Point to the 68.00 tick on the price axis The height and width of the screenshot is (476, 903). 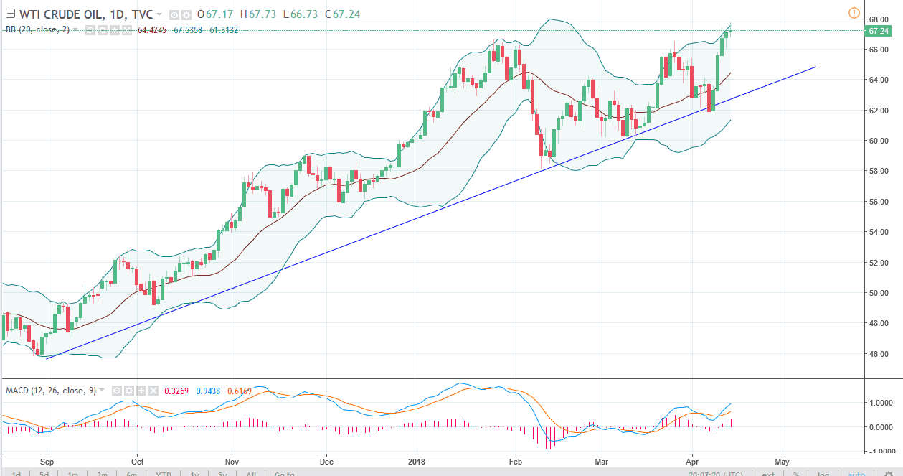coord(879,19)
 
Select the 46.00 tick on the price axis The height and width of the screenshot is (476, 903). coord(879,354)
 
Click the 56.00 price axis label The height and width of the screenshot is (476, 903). coord(879,202)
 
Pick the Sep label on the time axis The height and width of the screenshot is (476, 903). coord(46,462)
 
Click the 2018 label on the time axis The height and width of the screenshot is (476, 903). coord(417,462)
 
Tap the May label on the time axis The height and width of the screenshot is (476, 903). coord(782,462)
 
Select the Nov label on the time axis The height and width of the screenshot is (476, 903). coord(231,462)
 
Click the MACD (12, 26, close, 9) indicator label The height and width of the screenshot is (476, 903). coord(50,390)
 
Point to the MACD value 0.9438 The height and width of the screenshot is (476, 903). coord(209,390)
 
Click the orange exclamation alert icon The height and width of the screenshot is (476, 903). coord(854,13)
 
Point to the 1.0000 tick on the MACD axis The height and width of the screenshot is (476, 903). coord(880,403)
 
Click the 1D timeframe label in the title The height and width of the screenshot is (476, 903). coord(132,14)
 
